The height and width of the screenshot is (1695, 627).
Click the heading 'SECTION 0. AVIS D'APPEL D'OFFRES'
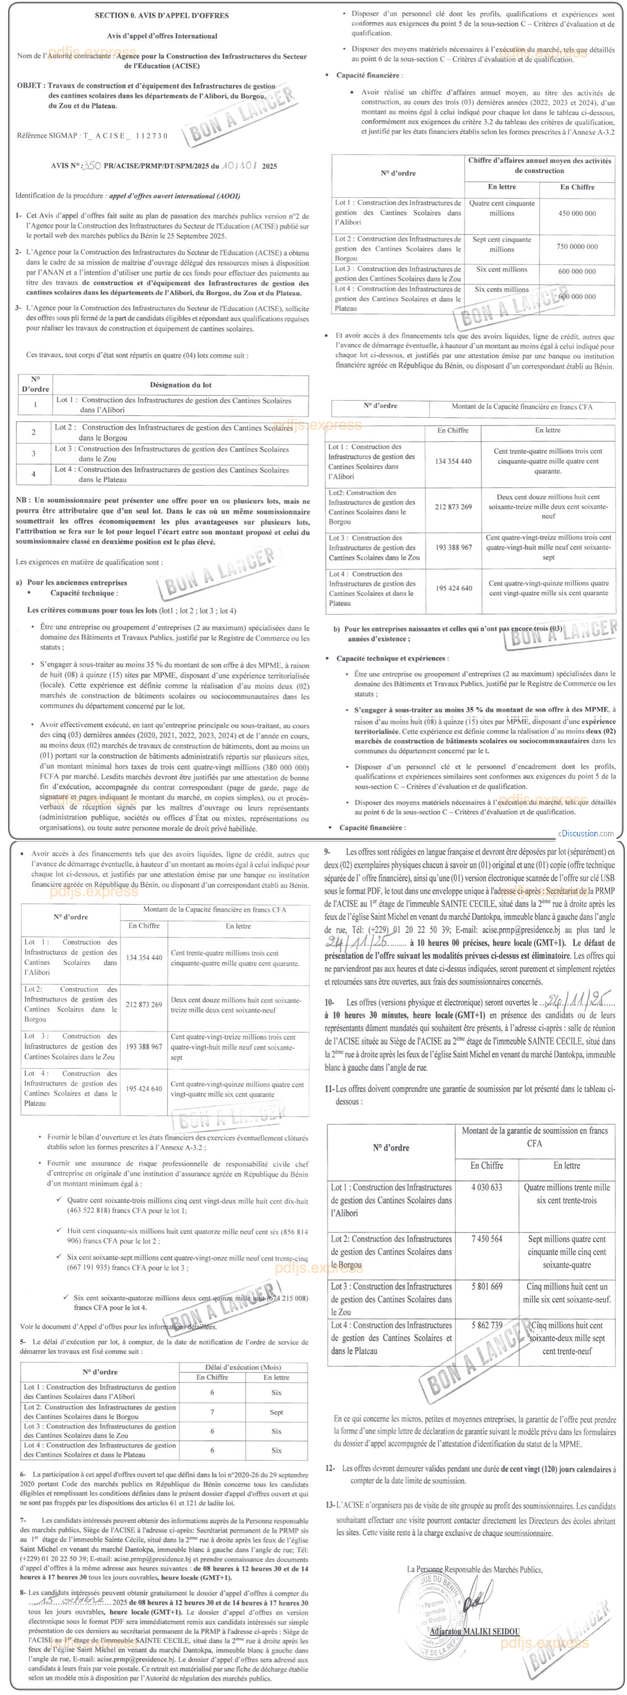[153, 15]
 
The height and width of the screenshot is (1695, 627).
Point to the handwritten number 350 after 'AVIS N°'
[92, 166]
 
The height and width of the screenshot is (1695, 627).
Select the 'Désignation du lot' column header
[181, 385]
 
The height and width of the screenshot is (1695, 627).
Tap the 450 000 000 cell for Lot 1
[577, 213]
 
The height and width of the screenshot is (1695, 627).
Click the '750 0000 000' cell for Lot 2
[577, 247]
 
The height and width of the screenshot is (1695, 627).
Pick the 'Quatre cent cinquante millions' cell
[501, 209]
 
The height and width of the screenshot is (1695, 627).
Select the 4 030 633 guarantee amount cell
[487, 1187]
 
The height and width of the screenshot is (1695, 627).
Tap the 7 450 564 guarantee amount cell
[487, 1239]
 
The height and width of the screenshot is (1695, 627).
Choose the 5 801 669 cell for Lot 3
[487, 1286]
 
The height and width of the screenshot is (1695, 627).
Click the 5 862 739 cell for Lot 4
[487, 1325]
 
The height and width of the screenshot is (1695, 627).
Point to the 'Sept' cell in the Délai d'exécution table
[277, 1412]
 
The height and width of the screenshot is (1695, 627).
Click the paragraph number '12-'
[330, 1469]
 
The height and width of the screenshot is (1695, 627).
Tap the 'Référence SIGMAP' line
[92, 136]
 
